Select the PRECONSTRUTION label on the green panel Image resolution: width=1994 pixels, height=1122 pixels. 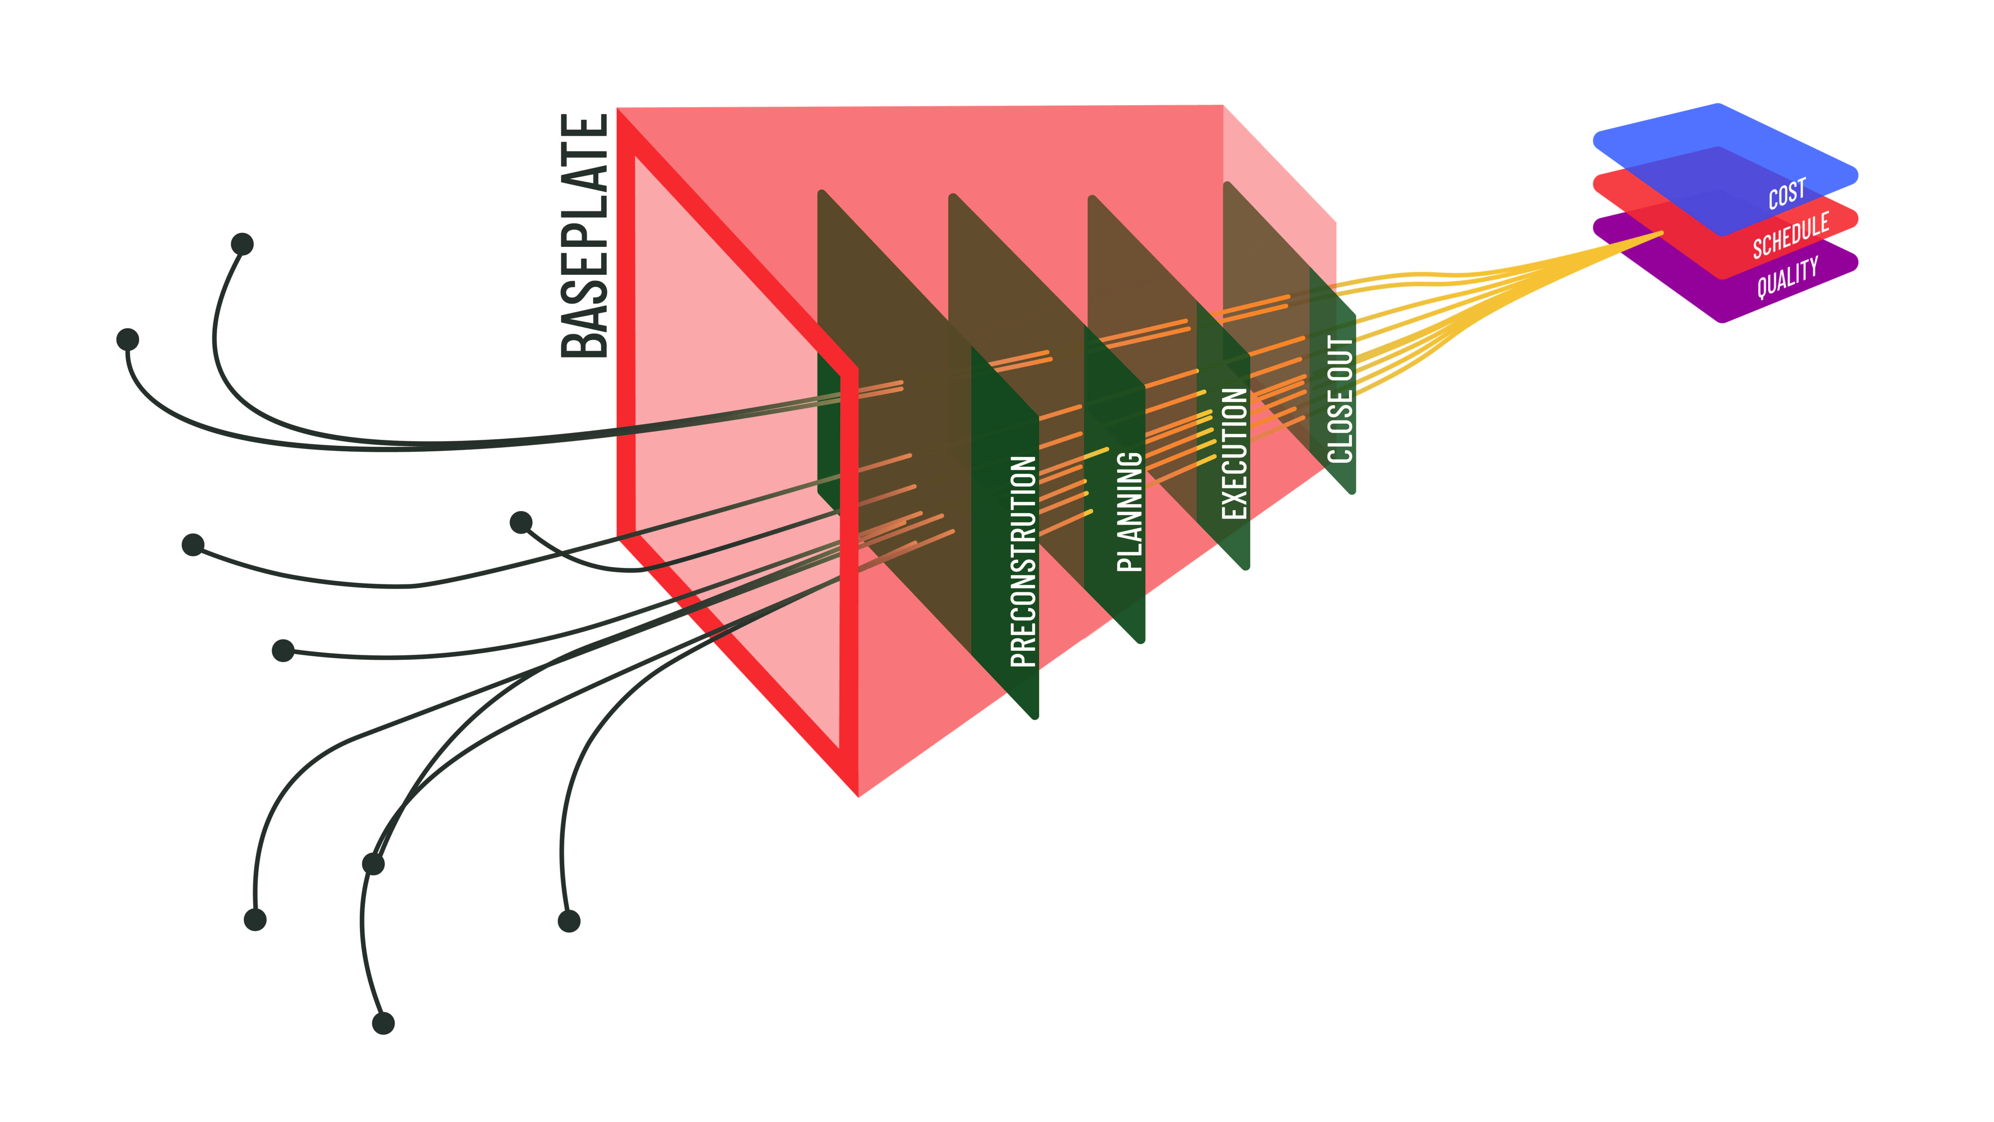(1023, 561)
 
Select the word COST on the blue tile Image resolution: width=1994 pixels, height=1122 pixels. (1787, 193)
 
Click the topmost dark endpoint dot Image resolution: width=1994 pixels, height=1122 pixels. (242, 244)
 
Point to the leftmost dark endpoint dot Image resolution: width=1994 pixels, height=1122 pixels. (128, 339)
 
